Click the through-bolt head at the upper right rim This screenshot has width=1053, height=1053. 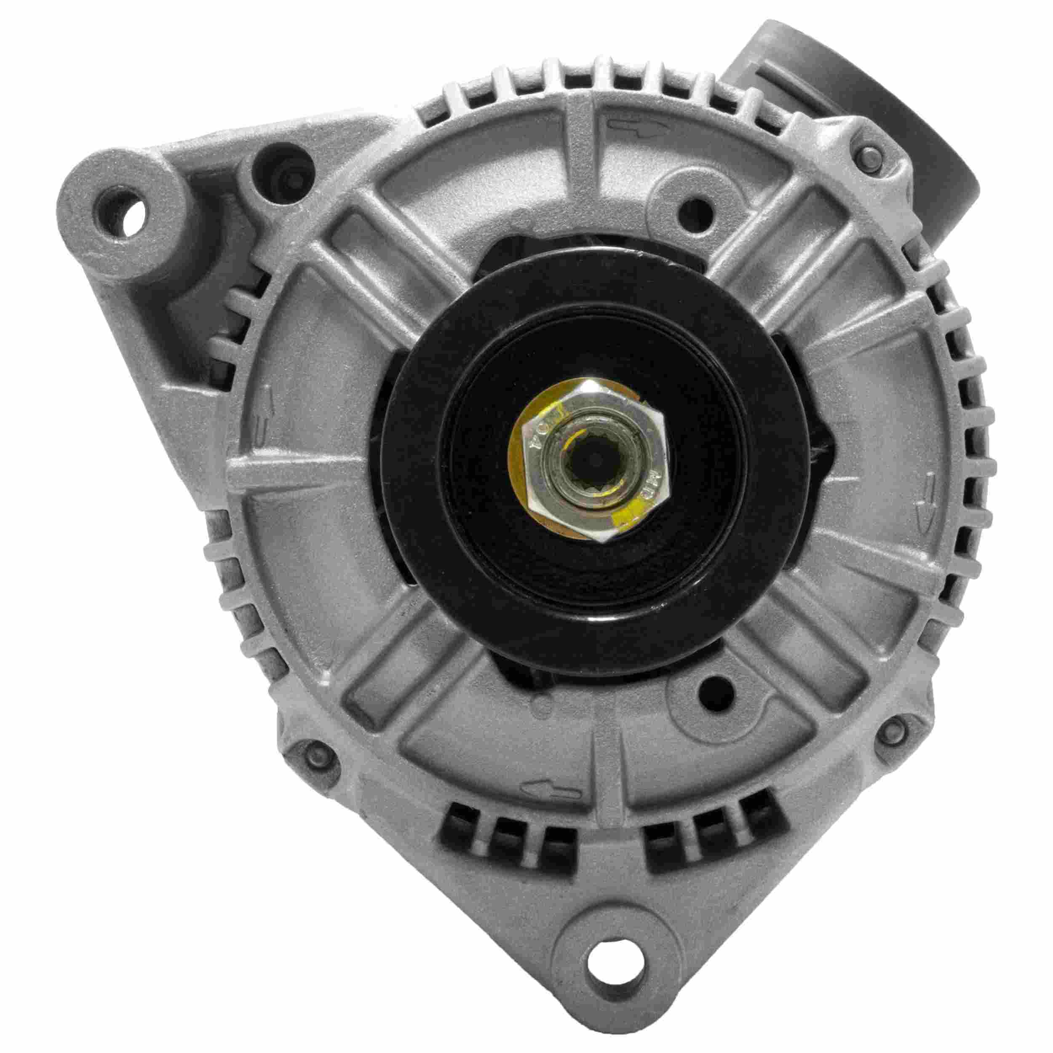click(871, 158)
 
